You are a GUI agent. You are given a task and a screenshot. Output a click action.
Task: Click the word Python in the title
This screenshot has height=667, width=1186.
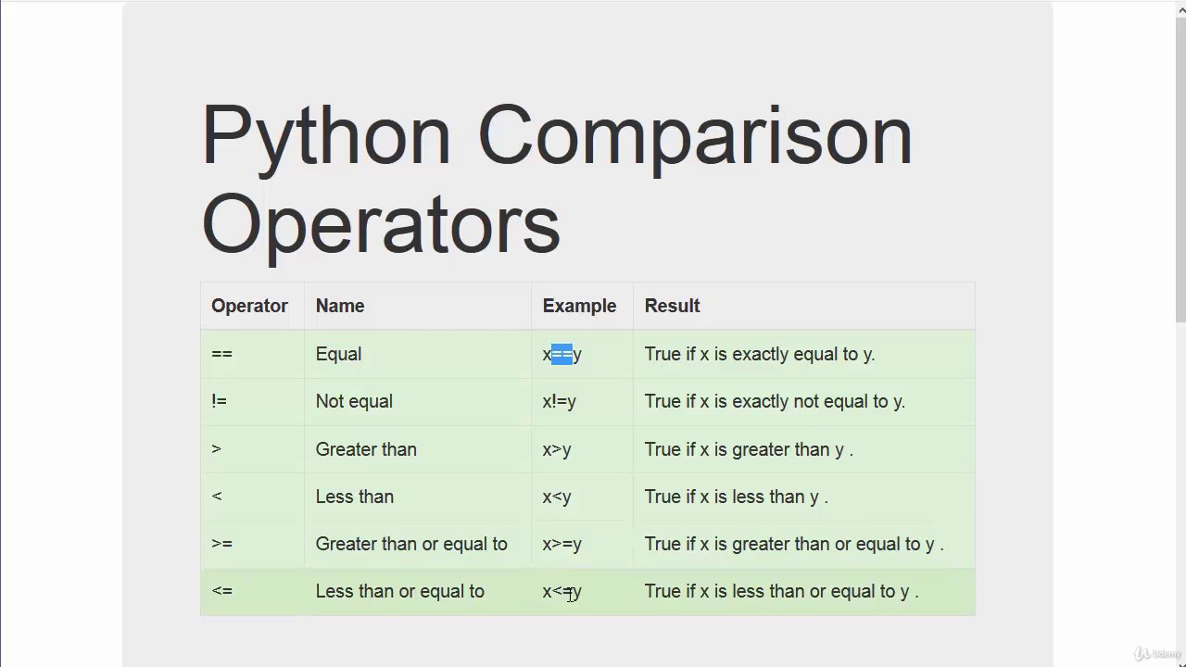click(x=325, y=136)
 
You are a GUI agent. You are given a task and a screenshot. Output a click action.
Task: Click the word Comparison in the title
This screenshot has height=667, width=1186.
click(x=694, y=136)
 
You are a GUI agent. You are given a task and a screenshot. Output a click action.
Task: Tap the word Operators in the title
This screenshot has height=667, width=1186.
click(x=381, y=223)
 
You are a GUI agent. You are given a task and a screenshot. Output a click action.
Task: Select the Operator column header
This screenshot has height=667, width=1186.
click(x=249, y=306)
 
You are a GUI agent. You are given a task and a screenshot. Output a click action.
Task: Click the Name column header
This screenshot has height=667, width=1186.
click(x=340, y=306)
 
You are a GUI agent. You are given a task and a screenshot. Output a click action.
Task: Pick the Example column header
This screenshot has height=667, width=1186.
click(x=579, y=306)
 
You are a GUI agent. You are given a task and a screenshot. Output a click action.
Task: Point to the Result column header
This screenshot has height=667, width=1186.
click(x=672, y=306)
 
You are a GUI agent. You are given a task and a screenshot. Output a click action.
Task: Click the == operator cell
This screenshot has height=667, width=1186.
click(x=222, y=354)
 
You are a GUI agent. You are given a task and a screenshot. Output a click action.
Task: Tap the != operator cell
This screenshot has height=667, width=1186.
click(x=220, y=401)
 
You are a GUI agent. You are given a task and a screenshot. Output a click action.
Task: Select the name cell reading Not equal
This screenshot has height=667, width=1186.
click(x=354, y=401)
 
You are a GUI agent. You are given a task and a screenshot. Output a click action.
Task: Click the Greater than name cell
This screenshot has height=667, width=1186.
click(x=366, y=449)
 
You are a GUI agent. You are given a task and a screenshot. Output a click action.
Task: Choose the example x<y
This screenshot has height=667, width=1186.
click(x=557, y=497)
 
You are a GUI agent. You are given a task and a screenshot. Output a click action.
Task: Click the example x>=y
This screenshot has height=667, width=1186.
click(x=561, y=544)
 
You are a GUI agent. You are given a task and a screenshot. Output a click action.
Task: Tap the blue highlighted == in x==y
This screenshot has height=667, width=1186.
click(x=561, y=354)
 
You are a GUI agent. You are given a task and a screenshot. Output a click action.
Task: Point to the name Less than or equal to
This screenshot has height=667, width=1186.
click(x=399, y=591)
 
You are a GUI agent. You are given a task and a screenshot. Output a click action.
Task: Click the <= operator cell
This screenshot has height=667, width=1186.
click(x=222, y=591)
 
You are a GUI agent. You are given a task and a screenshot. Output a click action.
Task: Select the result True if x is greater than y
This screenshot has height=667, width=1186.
click(x=748, y=449)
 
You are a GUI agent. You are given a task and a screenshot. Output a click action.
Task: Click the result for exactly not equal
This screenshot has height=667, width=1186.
click(x=775, y=401)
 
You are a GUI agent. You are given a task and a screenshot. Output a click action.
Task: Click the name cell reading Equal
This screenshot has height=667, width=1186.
click(x=338, y=354)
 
